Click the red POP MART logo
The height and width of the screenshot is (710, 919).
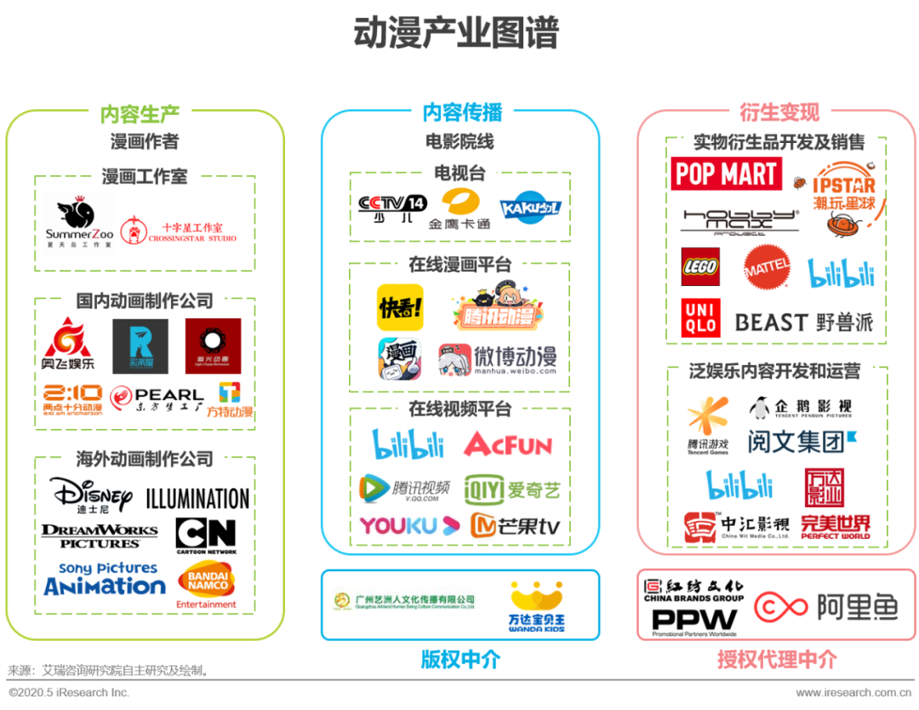click(x=726, y=175)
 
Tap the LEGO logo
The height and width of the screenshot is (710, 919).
click(x=700, y=267)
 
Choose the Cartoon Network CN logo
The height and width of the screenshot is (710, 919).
click(x=205, y=536)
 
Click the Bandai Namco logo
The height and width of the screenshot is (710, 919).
click(x=206, y=585)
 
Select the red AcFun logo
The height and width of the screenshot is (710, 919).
click(x=508, y=444)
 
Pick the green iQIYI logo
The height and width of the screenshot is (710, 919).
click(x=512, y=490)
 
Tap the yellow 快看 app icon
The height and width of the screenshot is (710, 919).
click(x=400, y=307)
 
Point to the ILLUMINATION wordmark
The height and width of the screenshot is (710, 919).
click(x=197, y=499)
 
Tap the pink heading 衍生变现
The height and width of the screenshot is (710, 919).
click(x=779, y=112)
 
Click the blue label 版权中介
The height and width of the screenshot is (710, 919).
click(x=460, y=659)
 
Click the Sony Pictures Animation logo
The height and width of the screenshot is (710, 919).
click(x=105, y=579)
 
